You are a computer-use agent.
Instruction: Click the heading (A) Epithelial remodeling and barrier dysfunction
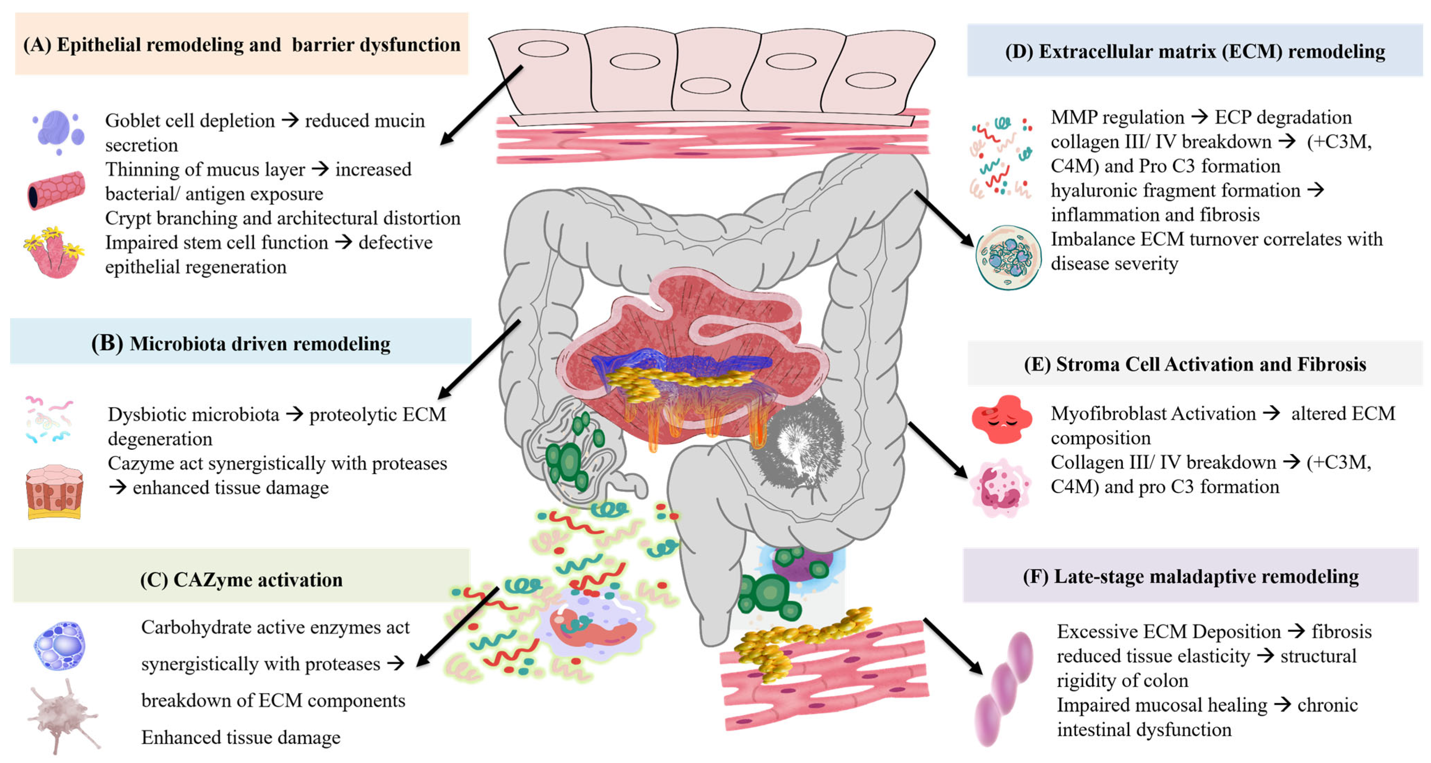tap(242, 45)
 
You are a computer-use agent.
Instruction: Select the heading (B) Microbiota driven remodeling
tap(241, 344)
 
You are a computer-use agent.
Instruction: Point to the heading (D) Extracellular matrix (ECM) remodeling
tap(1195, 51)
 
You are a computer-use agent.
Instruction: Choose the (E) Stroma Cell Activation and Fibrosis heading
tap(1195, 364)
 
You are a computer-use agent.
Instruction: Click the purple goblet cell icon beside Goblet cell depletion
tap(58, 132)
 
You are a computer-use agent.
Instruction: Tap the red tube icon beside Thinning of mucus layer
tap(56, 191)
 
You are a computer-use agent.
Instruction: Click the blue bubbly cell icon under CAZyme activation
tap(60, 646)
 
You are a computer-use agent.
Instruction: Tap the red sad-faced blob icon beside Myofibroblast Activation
tap(1002, 419)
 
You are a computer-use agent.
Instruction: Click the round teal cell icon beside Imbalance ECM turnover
tap(1008, 257)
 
